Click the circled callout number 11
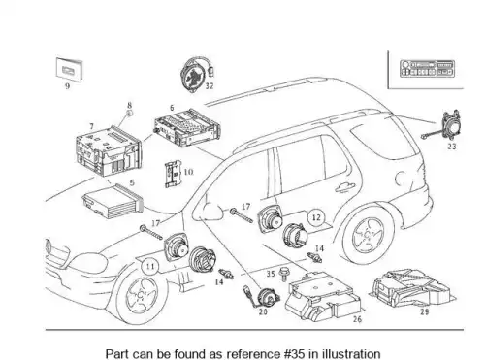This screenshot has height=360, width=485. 150,267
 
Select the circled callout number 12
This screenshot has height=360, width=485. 316,217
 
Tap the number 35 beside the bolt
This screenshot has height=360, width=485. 271,274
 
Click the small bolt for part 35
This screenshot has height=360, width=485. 284,274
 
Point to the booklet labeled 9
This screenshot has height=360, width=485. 69,69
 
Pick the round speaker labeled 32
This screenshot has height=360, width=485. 196,75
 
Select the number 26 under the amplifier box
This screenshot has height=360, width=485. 357,319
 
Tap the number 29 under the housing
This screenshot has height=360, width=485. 425,311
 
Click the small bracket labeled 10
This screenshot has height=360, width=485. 173,175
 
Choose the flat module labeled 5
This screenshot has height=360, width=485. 113,201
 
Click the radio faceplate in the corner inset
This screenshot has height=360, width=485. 427,69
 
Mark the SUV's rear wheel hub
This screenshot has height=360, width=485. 367,235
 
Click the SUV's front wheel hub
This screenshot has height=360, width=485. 141,294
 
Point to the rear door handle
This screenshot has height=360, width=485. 345,188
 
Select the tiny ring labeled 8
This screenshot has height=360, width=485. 129,114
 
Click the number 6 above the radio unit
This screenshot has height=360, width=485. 172,108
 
